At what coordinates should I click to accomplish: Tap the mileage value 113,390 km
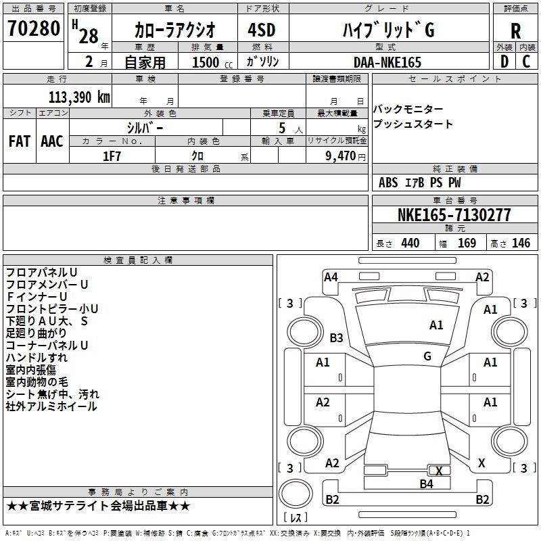78,97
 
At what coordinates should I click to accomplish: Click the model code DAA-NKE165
387,62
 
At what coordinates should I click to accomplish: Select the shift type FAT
19,141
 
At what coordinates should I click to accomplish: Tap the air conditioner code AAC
52,141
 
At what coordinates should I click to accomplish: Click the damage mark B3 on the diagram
336,337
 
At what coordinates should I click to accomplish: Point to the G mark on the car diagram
427,356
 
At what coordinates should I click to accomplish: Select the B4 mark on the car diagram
426,484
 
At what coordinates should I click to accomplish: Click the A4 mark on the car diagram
331,277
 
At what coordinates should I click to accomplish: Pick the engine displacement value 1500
206,62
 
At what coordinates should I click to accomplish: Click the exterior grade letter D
504,62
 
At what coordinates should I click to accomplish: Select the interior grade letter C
527,62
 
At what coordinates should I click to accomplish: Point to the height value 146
521,243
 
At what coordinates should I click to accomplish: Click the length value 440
410,243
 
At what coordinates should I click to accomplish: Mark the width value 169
467,243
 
